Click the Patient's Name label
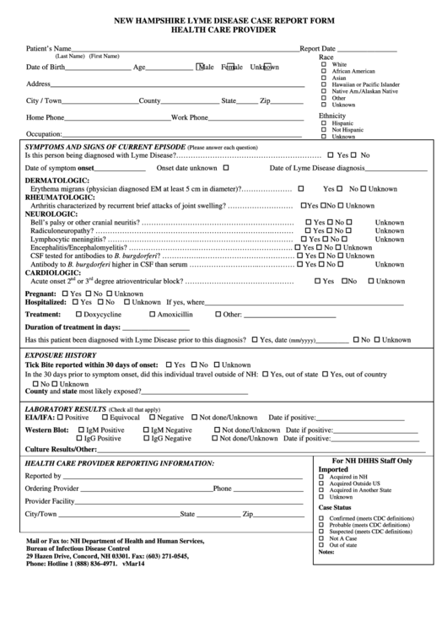(x=49, y=49)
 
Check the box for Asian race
(x=324, y=78)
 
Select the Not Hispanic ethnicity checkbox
(x=324, y=129)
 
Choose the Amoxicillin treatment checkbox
(x=153, y=314)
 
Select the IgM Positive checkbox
(x=80, y=429)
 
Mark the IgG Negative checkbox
(x=147, y=439)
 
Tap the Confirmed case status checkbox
(x=321, y=519)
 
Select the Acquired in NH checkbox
(x=321, y=477)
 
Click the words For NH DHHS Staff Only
(x=372, y=461)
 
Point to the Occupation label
(x=44, y=134)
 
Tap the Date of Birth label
(x=46, y=67)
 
